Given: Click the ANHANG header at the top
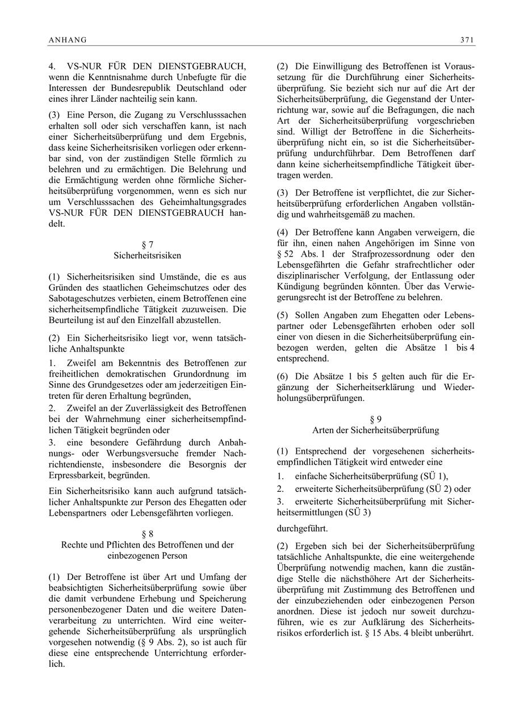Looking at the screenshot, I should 68,40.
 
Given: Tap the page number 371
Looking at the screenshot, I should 467,40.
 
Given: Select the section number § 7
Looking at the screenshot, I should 147,245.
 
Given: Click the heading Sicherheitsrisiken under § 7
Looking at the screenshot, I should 147,256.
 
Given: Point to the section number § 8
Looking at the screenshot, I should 147,534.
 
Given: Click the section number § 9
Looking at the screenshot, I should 375,420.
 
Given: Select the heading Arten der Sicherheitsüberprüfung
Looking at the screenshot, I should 375,431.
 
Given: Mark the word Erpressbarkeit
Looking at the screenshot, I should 78,475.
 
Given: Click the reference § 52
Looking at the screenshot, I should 285,254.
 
